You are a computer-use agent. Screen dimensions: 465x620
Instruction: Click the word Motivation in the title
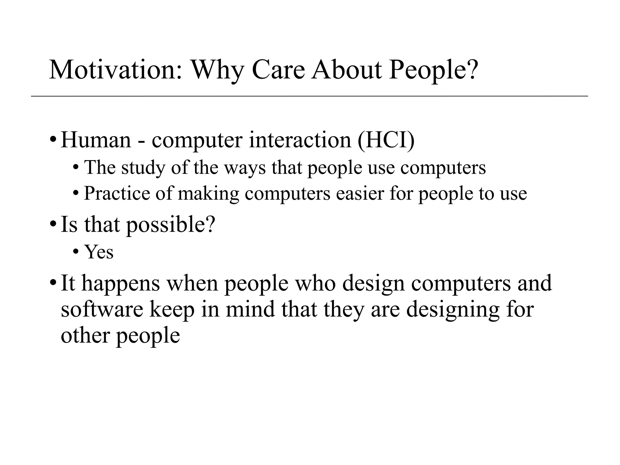[x=116, y=70]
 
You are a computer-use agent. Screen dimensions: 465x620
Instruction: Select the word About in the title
[x=347, y=70]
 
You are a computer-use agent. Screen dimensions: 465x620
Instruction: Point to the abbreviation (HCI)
[x=386, y=140]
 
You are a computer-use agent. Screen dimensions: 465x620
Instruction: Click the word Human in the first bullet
[x=96, y=140]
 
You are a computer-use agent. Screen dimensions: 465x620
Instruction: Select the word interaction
[x=300, y=140]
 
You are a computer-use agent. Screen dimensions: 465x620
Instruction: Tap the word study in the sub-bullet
[x=143, y=167]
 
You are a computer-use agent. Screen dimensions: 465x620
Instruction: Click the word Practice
[x=117, y=193]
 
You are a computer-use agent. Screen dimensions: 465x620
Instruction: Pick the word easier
[x=360, y=193]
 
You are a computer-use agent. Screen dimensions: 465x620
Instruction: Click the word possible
[x=170, y=225]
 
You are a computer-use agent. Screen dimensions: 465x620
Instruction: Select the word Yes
[x=99, y=252]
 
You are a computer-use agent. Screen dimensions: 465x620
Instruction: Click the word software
[x=102, y=309]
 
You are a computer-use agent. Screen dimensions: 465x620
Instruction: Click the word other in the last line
[x=86, y=335]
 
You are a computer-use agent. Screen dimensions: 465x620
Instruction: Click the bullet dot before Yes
[x=76, y=252]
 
